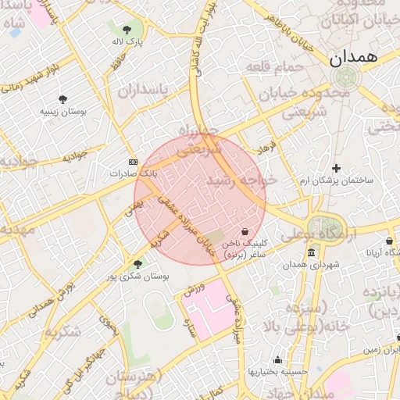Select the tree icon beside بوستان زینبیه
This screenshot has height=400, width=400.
(62, 99)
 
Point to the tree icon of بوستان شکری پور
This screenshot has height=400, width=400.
(138, 264)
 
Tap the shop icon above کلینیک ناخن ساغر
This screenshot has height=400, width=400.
(246, 231)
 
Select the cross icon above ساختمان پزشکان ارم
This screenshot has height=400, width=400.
(336, 168)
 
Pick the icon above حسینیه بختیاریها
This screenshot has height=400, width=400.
(278, 360)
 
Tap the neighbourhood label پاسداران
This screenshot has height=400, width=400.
(144, 91)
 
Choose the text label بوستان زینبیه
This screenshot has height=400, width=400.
(63, 112)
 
